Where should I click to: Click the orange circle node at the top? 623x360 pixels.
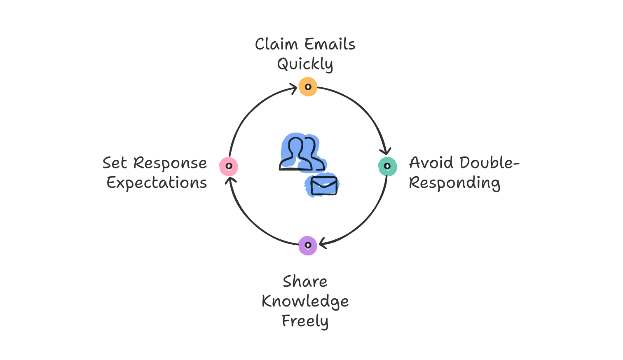[x=308, y=87]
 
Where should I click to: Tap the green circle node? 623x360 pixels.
[x=387, y=166]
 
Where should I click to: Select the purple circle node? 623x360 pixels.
[x=308, y=245]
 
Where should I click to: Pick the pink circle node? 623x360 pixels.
[x=229, y=166]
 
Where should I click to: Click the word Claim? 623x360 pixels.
[x=276, y=44]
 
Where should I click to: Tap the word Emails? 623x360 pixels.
[x=330, y=44]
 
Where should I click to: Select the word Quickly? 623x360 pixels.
[x=305, y=64]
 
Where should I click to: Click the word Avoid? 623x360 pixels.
[x=431, y=163]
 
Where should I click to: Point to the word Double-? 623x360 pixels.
[x=489, y=163]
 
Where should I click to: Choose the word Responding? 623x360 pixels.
[x=454, y=183]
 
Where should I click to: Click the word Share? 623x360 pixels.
[x=305, y=281]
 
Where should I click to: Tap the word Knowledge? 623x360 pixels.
[x=305, y=302]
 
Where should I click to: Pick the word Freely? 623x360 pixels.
[x=305, y=321]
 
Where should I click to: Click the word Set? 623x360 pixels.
[x=115, y=163]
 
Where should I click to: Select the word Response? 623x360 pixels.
[x=170, y=163]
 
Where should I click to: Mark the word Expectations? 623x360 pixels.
[x=157, y=183]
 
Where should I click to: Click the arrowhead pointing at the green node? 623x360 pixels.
[x=386, y=152]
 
